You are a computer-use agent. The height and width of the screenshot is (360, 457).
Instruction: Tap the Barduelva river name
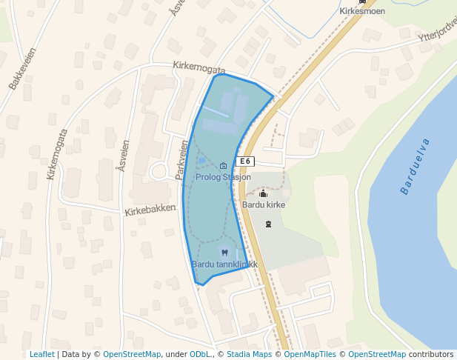[x=416, y=166]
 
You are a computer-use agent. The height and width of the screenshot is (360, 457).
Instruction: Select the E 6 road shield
[x=246, y=161]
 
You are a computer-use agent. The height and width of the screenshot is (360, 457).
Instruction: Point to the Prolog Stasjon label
[x=223, y=177]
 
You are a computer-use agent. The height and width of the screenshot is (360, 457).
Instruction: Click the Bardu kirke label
[x=264, y=204]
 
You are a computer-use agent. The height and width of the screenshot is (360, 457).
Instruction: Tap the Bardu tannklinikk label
[x=224, y=264]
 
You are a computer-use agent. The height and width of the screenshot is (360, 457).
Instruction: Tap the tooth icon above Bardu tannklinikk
[x=224, y=252]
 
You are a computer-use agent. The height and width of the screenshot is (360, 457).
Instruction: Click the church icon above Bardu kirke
[x=264, y=193]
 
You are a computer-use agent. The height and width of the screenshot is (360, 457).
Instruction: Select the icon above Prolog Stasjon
[x=224, y=166]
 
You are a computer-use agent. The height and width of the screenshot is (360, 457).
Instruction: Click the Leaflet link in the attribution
[x=41, y=354]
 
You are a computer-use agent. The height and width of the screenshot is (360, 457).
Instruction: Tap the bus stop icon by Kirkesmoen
[x=362, y=2]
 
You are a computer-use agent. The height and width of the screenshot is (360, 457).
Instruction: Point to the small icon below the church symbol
[x=268, y=223]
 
